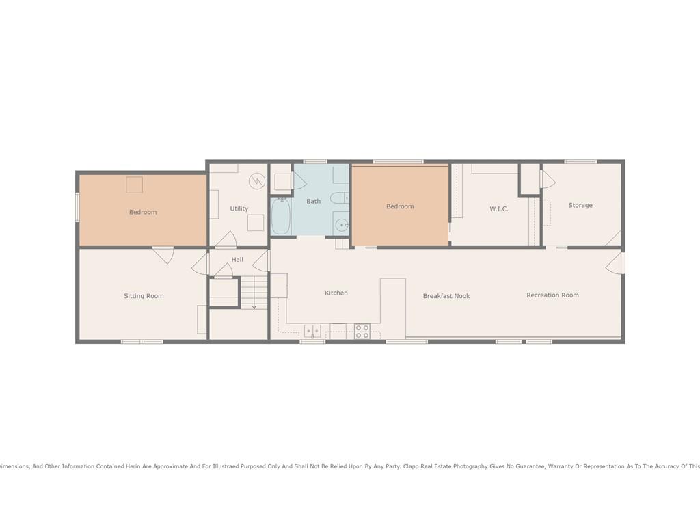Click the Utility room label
click(239, 208)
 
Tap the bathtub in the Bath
click(281, 216)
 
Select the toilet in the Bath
click(339, 198)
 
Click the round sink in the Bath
click(342, 226)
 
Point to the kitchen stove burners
click(362, 332)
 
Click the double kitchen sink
click(312, 331)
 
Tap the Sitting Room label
click(144, 296)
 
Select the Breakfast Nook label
click(446, 296)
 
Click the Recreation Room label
click(552, 295)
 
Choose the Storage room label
click(580, 205)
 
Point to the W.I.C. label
click(498, 209)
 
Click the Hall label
click(237, 259)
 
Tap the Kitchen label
click(336, 293)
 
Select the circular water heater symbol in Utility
click(257, 180)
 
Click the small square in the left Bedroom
click(134, 185)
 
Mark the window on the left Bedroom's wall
click(77, 206)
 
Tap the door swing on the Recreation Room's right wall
click(615, 263)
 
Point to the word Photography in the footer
click(470, 466)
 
